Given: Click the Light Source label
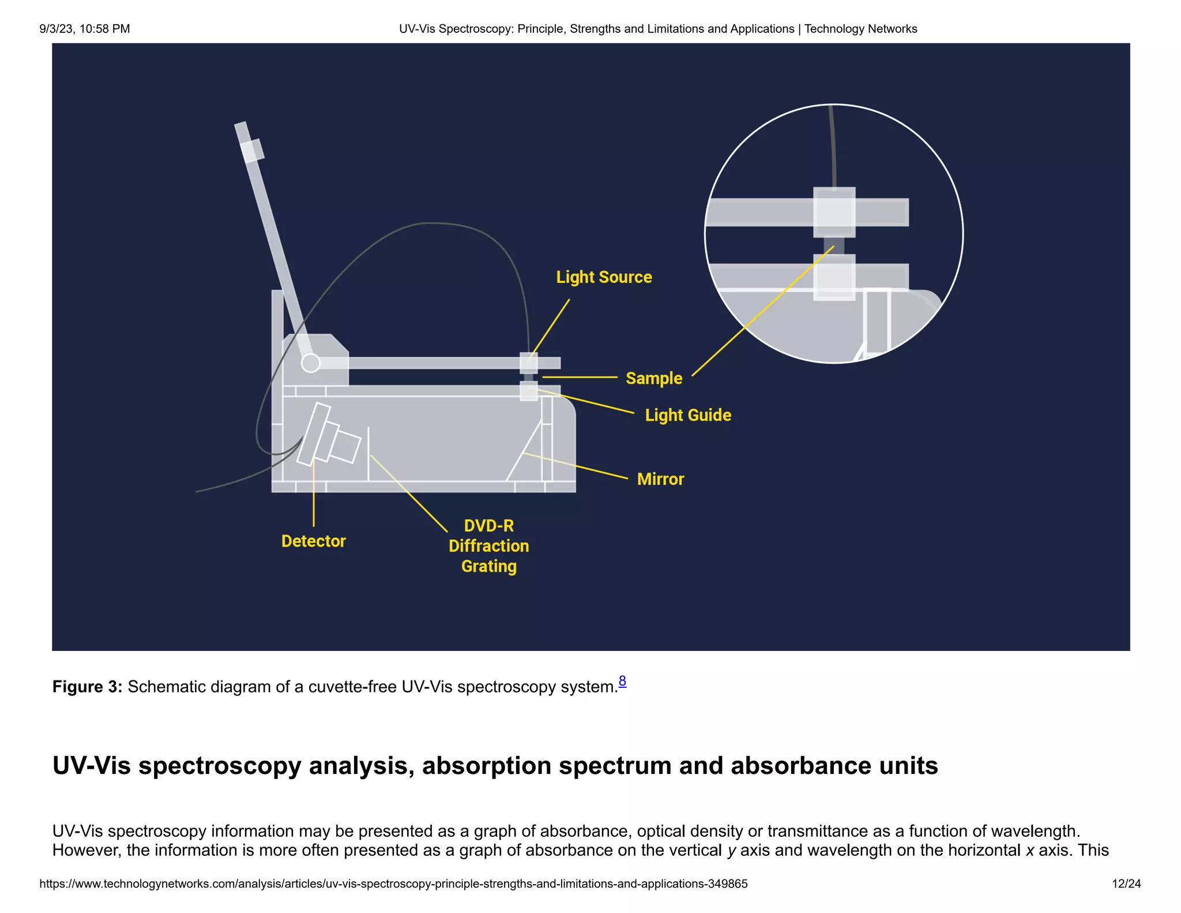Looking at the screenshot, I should (x=604, y=277).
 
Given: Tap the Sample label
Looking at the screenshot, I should (x=654, y=379).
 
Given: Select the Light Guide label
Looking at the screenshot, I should (x=687, y=415).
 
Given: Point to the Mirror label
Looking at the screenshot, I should (x=660, y=479).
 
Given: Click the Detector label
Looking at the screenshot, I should (x=313, y=541).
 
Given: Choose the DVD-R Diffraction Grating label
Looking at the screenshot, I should (x=488, y=546).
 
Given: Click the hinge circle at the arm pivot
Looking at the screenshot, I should (x=311, y=363).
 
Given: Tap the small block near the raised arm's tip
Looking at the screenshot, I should (x=252, y=151).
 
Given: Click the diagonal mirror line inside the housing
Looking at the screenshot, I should (x=524, y=451).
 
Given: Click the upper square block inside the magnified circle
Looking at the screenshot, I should (x=834, y=212).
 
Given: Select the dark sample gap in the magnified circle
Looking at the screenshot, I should (x=834, y=246).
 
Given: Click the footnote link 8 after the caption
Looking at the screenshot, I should (x=622, y=681).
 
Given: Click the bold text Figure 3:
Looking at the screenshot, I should (x=87, y=687).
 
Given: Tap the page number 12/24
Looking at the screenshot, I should (x=1126, y=884).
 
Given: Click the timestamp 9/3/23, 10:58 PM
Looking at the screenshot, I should (x=85, y=29).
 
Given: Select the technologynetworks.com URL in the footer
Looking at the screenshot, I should (x=393, y=884).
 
